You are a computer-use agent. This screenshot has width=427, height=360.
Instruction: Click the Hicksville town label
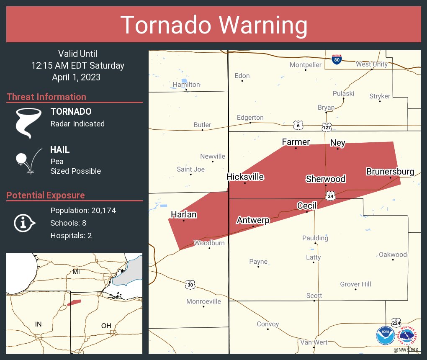pos(245,177)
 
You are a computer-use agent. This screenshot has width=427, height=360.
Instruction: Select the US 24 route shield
pos(331,195)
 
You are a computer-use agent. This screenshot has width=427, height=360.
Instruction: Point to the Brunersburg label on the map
pos(390,171)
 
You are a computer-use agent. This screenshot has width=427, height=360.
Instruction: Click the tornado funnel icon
pos(28,123)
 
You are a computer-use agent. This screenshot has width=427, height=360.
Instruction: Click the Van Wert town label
pos(314,342)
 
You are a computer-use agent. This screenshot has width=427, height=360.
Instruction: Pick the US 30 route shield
pos(190,285)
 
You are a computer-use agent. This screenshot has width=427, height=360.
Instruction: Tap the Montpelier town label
pos(306,65)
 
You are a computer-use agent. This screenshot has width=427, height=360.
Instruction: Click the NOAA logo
pos(385,335)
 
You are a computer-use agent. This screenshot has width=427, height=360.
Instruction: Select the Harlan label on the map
pos(183,214)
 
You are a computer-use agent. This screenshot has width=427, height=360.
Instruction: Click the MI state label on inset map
pos(76,272)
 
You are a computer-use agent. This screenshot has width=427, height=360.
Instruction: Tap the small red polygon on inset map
pos(74,302)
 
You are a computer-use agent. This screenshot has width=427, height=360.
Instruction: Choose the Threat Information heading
pos(46,97)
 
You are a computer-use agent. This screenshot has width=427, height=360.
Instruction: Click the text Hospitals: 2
pos(71,235)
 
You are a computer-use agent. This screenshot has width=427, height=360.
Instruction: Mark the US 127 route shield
pos(327,126)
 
